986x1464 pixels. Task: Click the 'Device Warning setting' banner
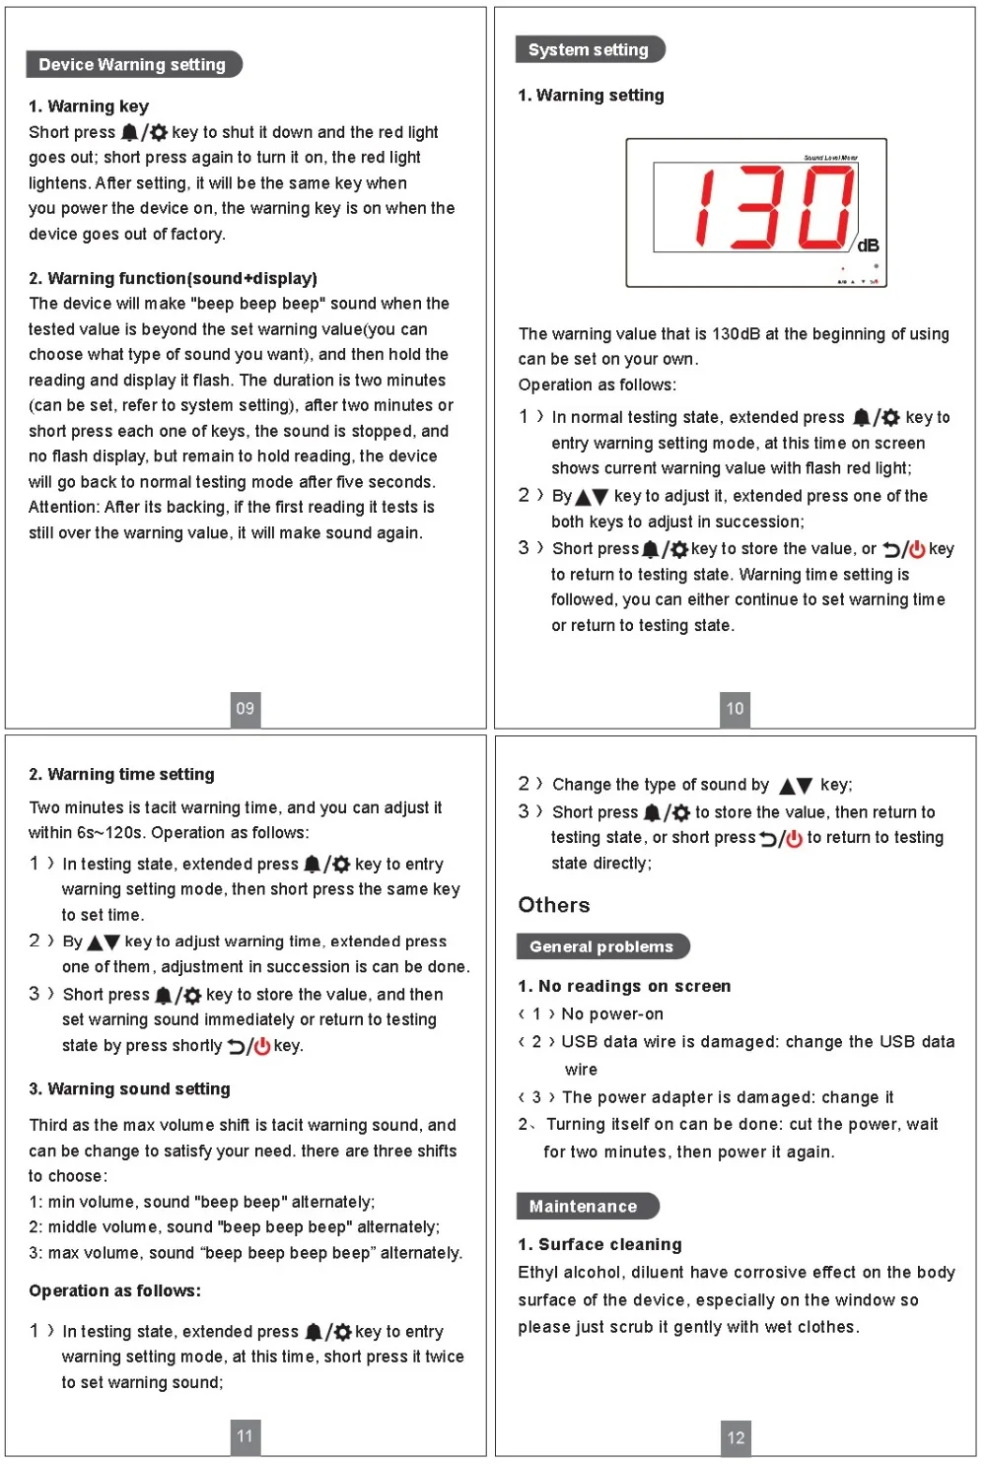(x=133, y=65)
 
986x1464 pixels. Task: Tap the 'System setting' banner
(x=589, y=49)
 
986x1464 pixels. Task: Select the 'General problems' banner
(x=601, y=946)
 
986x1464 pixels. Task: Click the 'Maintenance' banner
(x=584, y=1206)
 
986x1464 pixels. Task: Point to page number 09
(x=246, y=708)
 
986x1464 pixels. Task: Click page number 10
(x=735, y=708)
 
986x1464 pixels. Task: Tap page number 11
(x=246, y=1435)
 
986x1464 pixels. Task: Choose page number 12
(x=736, y=1437)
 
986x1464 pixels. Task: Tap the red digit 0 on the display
(x=825, y=207)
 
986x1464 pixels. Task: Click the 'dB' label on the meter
(x=868, y=245)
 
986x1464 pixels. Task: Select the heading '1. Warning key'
(x=89, y=106)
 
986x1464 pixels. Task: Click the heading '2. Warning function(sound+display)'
(x=173, y=278)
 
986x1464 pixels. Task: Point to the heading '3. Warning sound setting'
(x=129, y=1088)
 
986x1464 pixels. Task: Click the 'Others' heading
(x=554, y=905)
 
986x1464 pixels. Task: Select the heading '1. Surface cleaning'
(x=599, y=1244)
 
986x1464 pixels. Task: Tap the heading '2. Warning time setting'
(x=121, y=774)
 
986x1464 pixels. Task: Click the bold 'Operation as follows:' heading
(x=114, y=1290)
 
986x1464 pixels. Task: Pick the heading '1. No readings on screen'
(x=624, y=986)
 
